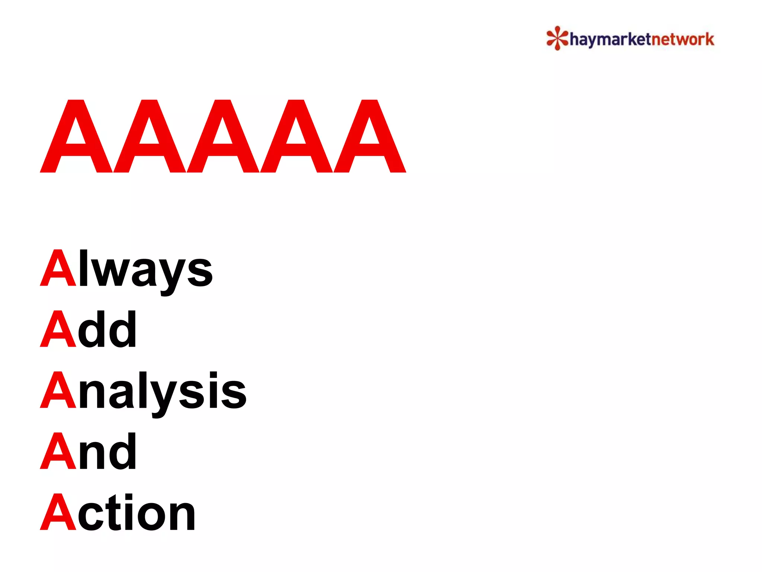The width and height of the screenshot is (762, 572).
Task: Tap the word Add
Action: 89,329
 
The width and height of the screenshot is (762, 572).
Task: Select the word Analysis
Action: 143,391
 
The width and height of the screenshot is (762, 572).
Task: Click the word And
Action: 89,451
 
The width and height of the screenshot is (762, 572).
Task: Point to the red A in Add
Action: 58,329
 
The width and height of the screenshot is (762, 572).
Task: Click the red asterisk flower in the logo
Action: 557,38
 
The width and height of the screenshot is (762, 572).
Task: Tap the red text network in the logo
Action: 683,39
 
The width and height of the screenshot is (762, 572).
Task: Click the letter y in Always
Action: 169,276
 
